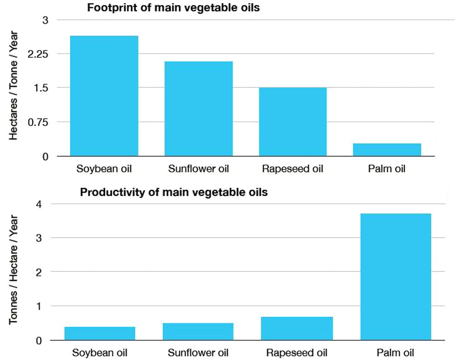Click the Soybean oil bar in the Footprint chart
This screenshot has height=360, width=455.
click(x=104, y=96)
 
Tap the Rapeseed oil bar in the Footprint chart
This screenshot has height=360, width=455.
click(x=293, y=122)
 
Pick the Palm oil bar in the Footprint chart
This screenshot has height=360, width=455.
click(x=387, y=150)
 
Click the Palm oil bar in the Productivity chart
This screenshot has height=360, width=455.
click(x=395, y=277)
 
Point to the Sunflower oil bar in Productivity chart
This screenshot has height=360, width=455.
click(x=198, y=331)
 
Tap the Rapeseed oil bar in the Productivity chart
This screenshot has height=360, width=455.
click(x=297, y=328)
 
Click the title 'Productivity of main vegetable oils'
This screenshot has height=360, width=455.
click(x=174, y=192)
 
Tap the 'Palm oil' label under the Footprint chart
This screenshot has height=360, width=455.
click(x=387, y=169)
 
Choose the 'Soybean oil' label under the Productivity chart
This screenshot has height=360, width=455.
click(x=100, y=353)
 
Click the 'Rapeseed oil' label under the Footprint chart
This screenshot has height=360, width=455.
click(x=293, y=169)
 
